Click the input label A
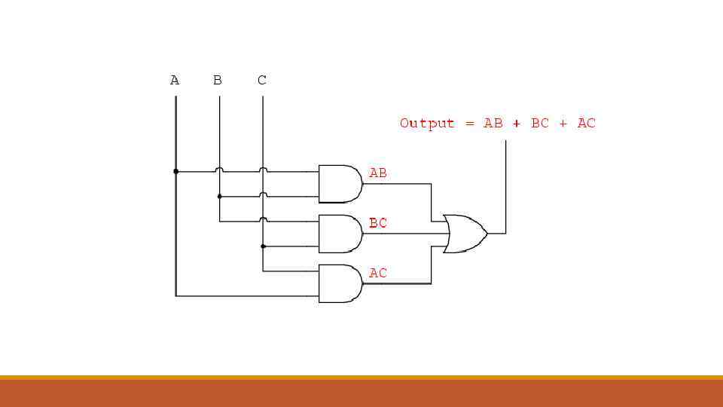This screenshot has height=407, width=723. [x=175, y=80]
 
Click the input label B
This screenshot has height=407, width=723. [x=218, y=80]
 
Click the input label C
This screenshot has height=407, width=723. [x=261, y=80]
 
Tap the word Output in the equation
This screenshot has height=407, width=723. [x=427, y=123]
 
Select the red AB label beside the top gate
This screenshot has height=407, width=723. [x=378, y=173]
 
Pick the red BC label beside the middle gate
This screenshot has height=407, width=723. [x=378, y=223]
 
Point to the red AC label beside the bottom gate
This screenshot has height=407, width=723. [x=378, y=273]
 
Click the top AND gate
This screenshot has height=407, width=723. [x=339, y=184]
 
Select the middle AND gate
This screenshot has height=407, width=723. [x=339, y=234]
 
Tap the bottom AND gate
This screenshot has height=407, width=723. [x=339, y=283]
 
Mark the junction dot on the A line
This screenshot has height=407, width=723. [x=175, y=172]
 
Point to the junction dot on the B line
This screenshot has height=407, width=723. [x=219, y=197]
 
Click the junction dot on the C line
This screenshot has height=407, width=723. [x=263, y=246]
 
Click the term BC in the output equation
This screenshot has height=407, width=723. [x=540, y=123]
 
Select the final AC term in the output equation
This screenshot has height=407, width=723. [x=586, y=123]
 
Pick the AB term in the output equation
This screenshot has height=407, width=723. [x=493, y=123]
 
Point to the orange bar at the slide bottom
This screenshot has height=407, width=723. [x=361, y=391]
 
